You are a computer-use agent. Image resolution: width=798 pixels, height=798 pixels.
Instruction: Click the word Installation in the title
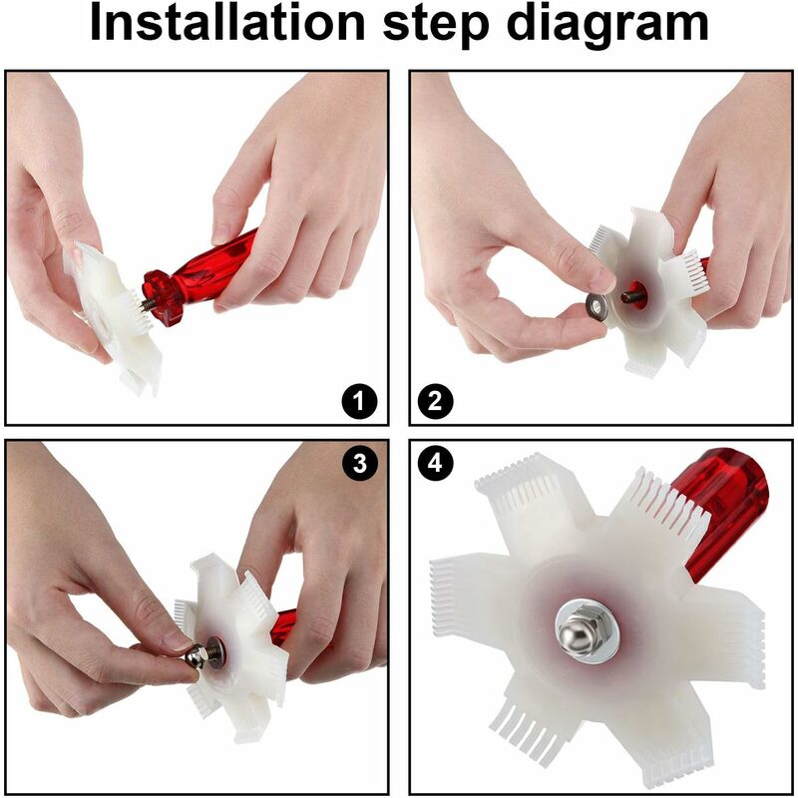pyautogui.click(x=227, y=23)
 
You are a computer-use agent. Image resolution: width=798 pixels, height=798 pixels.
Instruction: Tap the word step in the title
pyautogui.click(x=436, y=26)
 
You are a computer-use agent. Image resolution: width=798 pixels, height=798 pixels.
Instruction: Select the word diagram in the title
pyautogui.click(x=607, y=27)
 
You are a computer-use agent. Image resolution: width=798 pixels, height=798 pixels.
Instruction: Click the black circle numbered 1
pyautogui.click(x=360, y=402)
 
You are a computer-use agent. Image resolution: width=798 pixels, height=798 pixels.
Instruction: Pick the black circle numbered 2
pyautogui.click(x=436, y=402)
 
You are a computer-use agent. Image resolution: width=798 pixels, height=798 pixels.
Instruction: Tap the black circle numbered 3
pyautogui.click(x=360, y=464)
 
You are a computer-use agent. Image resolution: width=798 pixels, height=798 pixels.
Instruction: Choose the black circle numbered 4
pyautogui.click(x=436, y=464)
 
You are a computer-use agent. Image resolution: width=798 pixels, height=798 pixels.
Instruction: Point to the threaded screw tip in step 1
pyautogui.click(x=148, y=304)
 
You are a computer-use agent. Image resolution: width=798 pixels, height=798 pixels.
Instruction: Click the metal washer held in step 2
pyautogui.click(x=596, y=307)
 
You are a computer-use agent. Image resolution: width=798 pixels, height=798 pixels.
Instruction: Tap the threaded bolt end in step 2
pyautogui.click(x=629, y=295)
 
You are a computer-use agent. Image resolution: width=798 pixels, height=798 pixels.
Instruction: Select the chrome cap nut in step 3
pyautogui.click(x=198, y=657)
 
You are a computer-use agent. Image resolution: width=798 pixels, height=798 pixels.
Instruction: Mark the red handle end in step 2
pyautogui.click(x=704, y=265)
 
